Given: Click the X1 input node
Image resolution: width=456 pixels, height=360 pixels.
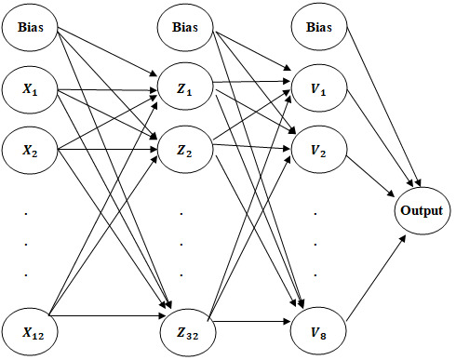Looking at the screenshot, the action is pos(30,89).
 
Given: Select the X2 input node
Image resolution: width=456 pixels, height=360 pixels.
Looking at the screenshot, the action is pos(30,150).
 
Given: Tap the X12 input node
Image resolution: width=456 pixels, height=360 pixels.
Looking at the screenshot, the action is pos(30,332).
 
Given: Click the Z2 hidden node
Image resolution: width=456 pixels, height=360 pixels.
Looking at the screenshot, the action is pos(185,150).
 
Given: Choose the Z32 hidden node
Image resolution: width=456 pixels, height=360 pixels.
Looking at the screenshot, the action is pos(188,332).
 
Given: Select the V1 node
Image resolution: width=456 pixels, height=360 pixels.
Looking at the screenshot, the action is pos(319,88).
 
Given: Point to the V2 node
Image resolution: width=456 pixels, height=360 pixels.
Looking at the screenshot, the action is pos(319,150).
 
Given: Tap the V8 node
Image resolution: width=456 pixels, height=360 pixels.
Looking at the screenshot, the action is pos(318,332).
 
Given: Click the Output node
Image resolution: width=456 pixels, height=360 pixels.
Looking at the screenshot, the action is pos(422,211).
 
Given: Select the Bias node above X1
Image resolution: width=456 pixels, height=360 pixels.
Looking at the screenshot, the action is pos(30,27).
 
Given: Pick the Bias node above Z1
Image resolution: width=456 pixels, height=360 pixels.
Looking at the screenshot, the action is pos(185,27).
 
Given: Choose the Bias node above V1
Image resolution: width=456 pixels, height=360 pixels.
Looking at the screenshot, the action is pos(319,27).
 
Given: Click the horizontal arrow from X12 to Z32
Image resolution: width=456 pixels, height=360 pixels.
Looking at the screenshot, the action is pos(107,316).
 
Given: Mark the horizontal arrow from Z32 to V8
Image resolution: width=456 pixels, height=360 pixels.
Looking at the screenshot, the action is pos(252,322).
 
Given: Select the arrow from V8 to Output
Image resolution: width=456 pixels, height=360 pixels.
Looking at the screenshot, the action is pos(376,278).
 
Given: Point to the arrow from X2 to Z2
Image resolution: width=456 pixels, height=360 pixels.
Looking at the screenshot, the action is pos(108,150).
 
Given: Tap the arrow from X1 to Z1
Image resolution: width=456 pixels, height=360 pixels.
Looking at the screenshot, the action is pos(108,90).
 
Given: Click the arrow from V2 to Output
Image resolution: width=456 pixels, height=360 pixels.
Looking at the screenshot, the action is pos(370,176).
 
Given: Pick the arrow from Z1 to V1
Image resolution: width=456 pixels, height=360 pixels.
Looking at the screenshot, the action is pos(251,82).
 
